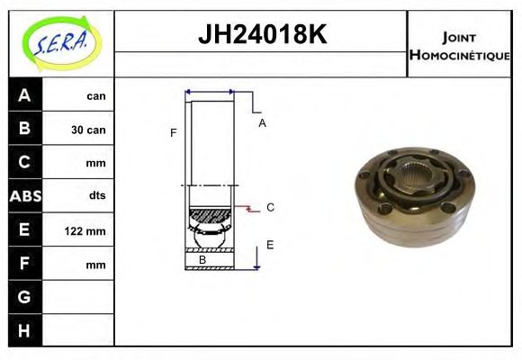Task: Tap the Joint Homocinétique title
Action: coord(459,45)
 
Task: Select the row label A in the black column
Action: coord(24,95)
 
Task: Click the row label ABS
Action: coord(24,196)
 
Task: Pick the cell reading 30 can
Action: coord(88,130)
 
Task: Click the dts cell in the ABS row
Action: coord(95,196)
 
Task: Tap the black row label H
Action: coord(24,331)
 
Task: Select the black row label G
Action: coord(24,297)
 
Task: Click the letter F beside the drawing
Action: coord(173,133)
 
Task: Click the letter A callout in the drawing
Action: coord(262,123)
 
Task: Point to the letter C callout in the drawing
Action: coord(269,207)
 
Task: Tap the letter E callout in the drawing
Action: coord(269,244)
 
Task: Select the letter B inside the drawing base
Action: coord(202,260)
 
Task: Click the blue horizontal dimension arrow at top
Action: coord(210,92)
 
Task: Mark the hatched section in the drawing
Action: coord(209,217)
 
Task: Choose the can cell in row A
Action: coord(95,95)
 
